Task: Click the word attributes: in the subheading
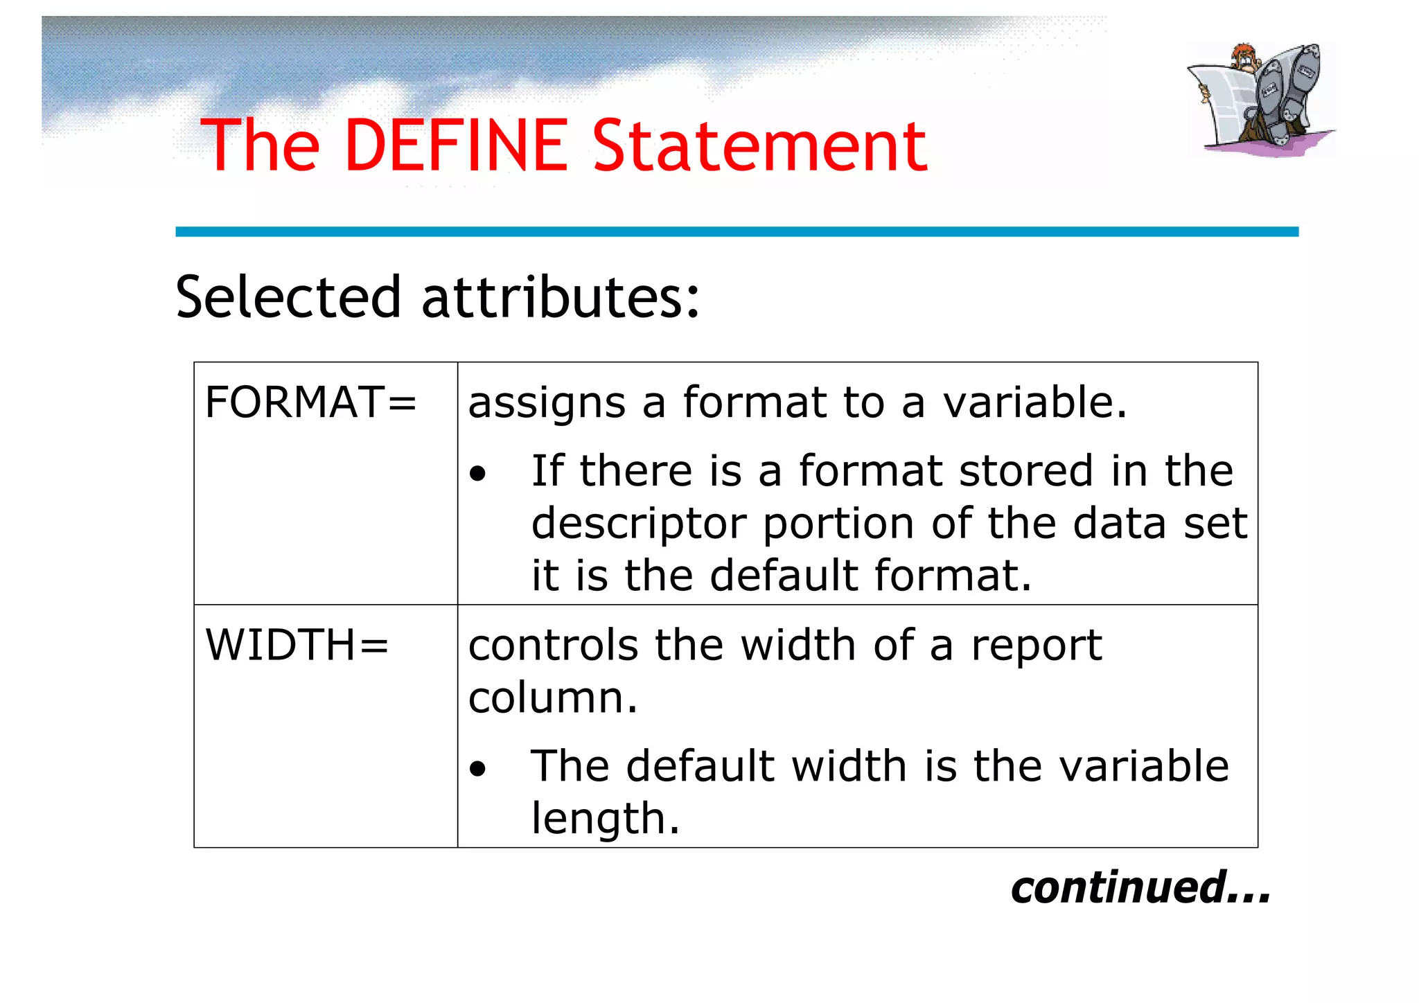561,298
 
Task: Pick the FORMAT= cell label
310,403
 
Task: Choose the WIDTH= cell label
297,646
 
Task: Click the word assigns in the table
547,403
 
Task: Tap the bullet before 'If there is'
477,475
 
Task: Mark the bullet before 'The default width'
477,769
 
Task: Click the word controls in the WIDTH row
552,646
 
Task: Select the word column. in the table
552,698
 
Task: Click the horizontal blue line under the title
737,232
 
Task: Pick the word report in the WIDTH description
1036,646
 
